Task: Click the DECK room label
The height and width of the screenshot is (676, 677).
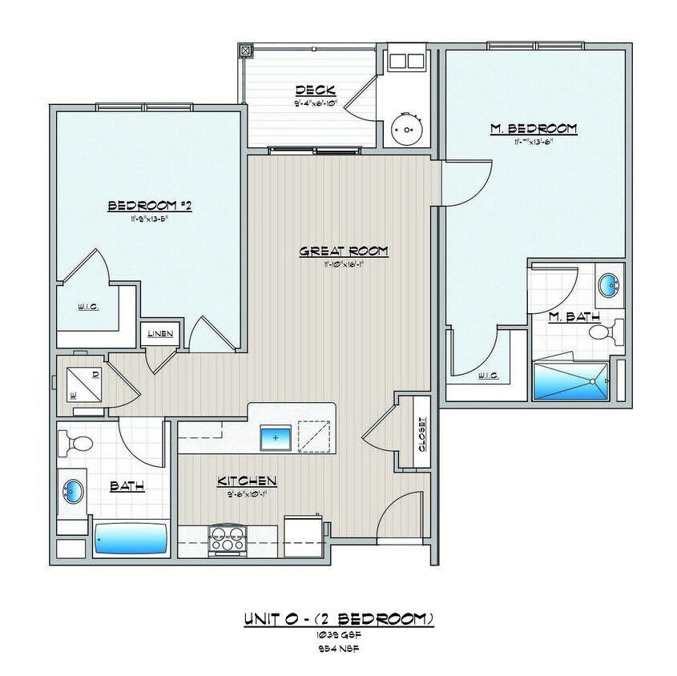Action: point(315,90)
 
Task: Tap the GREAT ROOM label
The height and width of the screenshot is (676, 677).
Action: point(343,251)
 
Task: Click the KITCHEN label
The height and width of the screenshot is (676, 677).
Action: point(247,481)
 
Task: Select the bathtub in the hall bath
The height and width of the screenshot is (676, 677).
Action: point(131,538)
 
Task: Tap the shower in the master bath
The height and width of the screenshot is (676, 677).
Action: point(571,380)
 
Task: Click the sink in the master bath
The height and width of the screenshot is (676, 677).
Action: point(609,283)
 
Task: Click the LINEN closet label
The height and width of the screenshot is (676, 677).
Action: point(159,334)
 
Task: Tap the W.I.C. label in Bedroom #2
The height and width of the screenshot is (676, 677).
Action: point(88,306)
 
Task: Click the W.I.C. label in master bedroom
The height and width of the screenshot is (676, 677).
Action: point(487,376)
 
